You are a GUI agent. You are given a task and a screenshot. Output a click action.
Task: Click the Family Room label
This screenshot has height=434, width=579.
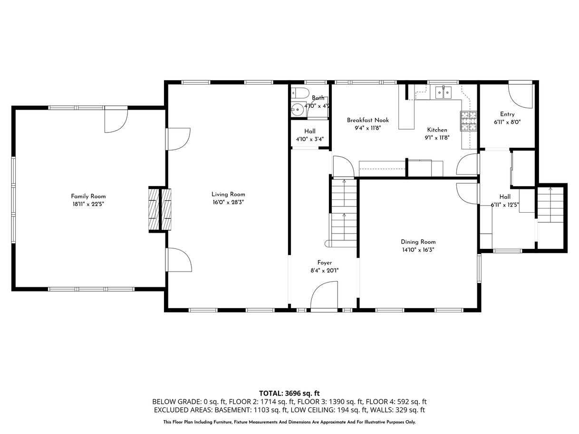[x=88, y=196]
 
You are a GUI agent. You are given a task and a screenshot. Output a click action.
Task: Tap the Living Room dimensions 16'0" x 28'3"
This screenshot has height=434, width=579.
[x=228, y=202]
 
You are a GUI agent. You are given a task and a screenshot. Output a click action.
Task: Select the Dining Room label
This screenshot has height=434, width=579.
[x=418, y=242]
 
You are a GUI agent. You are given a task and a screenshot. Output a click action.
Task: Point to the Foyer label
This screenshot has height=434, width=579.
[x=325, y=263]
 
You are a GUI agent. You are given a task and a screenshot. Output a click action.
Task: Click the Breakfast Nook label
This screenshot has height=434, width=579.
[x=368, y=120]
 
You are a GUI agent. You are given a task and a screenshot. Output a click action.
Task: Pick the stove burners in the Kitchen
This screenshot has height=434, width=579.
[x=468, y=121]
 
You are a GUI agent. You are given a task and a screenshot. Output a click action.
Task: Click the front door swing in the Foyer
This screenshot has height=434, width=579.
[x=324, y=296]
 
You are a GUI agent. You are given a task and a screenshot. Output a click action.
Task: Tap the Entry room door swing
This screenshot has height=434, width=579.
[x=520, y=96]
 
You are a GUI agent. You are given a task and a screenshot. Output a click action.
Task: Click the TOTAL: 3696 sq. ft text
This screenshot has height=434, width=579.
[x=289, y=394]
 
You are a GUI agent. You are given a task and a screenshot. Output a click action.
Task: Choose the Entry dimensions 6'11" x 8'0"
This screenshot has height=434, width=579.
[x=507, y=122]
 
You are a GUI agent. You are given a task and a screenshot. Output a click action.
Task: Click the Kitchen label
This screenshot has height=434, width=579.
[x=437, y=130]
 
